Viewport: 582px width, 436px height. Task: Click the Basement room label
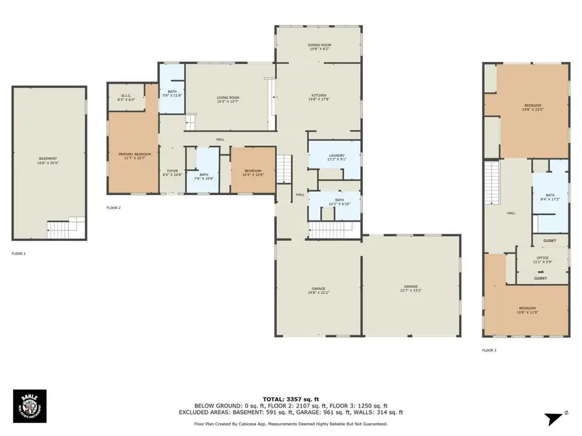[48, 161]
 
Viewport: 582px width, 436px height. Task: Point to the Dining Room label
[319, 47]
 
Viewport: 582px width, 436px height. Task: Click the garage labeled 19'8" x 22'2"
[319, 289]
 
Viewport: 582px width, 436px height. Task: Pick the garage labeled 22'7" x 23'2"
[411, 289]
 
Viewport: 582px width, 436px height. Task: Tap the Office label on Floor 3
[541, 260]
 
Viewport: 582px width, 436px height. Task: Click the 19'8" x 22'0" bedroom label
[532, 107]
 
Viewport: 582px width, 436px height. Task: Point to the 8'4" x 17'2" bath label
[550, 197]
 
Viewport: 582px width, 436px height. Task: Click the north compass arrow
[554, 419]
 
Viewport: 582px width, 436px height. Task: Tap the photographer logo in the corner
[28, 406]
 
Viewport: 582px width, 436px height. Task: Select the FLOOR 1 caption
[19, 253]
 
